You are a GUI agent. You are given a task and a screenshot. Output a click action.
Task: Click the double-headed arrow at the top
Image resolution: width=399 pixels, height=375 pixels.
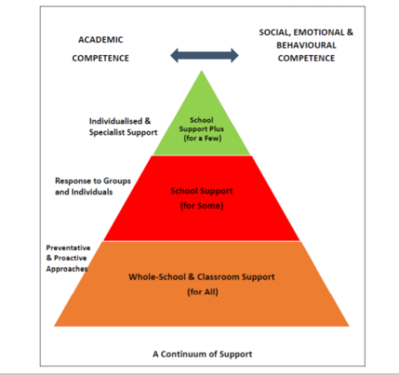pos(205,55)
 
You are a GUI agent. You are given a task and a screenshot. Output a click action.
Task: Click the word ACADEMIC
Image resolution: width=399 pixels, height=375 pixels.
pos(101,40)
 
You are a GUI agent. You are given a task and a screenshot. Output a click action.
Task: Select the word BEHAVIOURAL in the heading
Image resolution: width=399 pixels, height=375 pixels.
pos(306,45)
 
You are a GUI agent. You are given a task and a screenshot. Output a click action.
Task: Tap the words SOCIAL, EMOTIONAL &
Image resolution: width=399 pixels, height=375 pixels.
pos(306,32)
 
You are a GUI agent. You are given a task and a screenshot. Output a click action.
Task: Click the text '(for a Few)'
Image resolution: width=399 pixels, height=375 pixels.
pos(202,138)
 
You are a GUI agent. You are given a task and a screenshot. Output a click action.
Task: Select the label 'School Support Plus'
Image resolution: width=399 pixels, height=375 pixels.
pos(201,125)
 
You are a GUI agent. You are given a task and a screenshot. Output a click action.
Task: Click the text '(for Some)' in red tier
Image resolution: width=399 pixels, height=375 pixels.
pos(202,205)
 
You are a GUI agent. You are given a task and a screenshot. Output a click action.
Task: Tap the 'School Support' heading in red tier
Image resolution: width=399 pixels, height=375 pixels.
pos(201,191)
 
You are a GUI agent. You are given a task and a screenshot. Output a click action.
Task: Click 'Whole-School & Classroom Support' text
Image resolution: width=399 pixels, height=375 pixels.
pos(201,277)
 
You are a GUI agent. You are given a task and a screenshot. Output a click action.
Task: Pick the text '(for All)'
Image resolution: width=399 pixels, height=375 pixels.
pos(203,292)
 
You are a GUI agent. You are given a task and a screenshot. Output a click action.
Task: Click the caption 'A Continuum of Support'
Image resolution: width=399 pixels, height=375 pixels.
pos(202,354)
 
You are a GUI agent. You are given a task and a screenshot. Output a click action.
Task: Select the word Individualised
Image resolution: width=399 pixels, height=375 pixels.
pos(115,121)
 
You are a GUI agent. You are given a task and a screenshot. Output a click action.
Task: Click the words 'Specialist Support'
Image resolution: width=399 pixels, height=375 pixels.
pos(123,132)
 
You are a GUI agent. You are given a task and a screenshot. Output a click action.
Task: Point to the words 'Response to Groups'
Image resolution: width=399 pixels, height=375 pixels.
pos(93,181)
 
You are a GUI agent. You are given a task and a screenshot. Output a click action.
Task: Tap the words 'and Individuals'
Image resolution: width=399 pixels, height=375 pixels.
pos(84,192)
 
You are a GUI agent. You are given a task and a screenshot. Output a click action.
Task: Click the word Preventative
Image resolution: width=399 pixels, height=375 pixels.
pos(68,248)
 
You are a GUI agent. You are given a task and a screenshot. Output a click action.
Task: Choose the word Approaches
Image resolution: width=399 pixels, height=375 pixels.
pos(67,269)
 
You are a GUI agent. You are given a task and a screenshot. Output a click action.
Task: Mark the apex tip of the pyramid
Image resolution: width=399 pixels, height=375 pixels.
pos(201,70)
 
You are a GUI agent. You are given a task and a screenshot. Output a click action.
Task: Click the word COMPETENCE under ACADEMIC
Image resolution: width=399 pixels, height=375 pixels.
pos(100,59)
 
